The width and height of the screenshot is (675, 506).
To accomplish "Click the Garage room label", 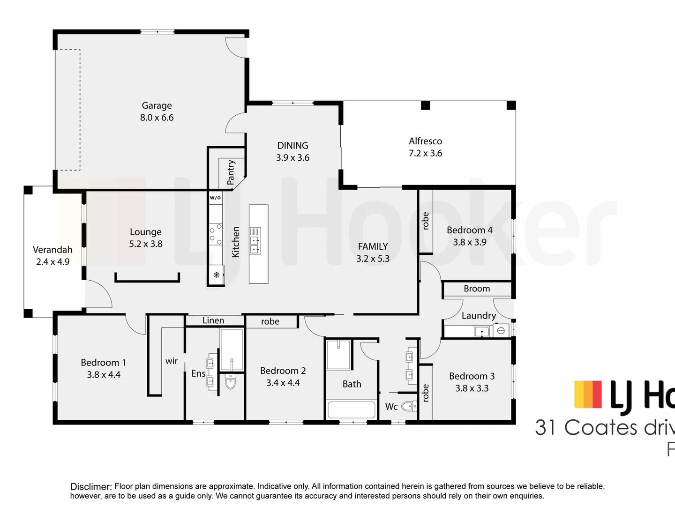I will (x=157, y=105).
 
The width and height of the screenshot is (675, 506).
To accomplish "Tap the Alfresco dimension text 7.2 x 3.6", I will (x=425, y=153).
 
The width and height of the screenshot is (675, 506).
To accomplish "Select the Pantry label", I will (x=231, y=172).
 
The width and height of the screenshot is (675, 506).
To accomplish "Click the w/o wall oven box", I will (x=215, y=198).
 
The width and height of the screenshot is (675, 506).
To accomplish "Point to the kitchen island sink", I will (x=255, y=245).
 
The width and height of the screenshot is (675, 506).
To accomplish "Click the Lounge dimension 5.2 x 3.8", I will (x=146, y=244).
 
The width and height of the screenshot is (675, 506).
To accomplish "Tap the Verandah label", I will (x=52, y=250).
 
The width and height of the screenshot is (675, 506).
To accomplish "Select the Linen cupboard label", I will (x=213, y=320).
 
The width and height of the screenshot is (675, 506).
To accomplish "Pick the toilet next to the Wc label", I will (x=409, y=406).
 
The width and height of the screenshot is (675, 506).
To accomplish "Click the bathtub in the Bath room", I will (x=352, y=409).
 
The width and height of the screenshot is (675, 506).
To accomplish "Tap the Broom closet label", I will (x=477, y=289).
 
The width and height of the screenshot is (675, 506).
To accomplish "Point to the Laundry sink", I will (x=481, y=332).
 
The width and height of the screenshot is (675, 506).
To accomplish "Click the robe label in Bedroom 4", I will (x=426, y=221).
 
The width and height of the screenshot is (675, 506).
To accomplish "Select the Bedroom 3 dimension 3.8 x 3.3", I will (x=472, y=388).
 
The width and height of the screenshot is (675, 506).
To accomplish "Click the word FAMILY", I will (x=373, y=246).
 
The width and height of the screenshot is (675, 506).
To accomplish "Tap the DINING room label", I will (x=292, y=146).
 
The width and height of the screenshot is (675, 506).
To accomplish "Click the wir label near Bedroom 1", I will (x=172, y=361).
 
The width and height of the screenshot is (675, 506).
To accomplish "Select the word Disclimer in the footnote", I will (x=91, y=487).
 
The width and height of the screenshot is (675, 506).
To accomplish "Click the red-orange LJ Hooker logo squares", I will (x=588, y=394).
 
